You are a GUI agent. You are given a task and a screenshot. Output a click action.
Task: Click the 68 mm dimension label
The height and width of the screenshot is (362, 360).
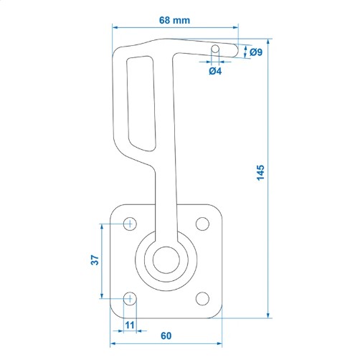[174, 20]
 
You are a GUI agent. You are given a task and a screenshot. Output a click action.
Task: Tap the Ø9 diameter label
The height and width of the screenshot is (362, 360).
[256, 52]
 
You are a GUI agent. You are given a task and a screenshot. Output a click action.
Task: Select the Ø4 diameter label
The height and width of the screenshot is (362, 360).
[215, 71]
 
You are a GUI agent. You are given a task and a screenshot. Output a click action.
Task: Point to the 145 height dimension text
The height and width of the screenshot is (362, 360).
[260, 173]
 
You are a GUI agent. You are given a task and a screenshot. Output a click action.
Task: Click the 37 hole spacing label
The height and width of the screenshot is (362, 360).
[95, 260]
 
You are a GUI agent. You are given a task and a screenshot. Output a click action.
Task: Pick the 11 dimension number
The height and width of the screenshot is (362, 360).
[130, 325]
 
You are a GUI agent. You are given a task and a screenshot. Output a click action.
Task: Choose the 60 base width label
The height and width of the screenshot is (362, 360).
[166, 335]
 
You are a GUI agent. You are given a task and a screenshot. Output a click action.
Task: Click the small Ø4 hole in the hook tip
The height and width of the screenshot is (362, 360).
[215, 49]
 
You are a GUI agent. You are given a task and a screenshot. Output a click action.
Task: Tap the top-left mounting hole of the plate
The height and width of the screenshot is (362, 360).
[130, 224]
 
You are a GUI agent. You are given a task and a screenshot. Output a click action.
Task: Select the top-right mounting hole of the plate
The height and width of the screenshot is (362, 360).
[202, 224]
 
